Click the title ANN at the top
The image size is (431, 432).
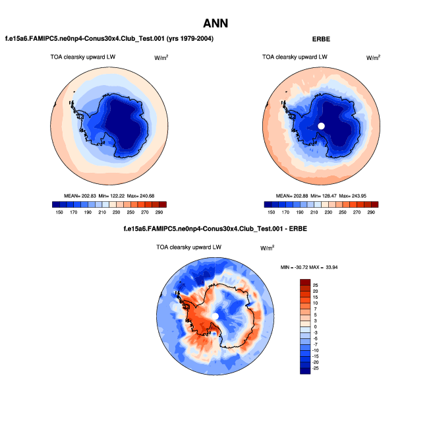click(215, 23)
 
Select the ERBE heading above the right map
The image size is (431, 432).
click(322, 40)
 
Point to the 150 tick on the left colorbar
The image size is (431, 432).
click(59, 213)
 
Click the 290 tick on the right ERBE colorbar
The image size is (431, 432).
click(371, 213)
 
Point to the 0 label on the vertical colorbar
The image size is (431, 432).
click(315, 326)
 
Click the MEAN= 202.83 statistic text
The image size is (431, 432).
click(82, 196)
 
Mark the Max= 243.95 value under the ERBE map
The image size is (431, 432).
click(355, 196)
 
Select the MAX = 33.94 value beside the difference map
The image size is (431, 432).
click(327, 268)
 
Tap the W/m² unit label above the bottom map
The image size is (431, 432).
click(267, 249)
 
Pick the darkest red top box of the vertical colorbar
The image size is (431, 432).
click(305, 283)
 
